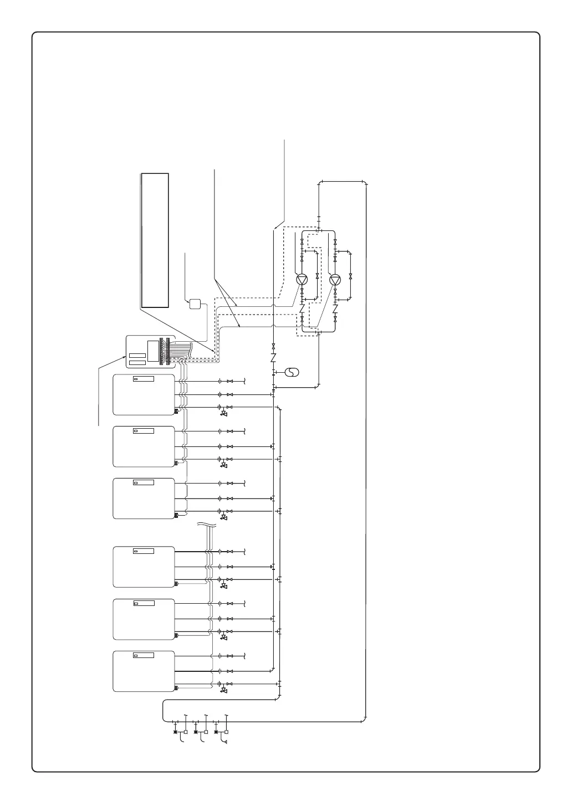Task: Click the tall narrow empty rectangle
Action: [155, 240]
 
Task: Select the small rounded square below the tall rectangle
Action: [195, 304]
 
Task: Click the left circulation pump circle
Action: [302, 280]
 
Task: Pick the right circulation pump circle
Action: [335, 280]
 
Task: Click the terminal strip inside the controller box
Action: [162, 352]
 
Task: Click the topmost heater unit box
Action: [144, 395]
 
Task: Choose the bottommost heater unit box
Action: [144, 671]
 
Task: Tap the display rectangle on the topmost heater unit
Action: [144, 379]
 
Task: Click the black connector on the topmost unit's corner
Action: [176, 410]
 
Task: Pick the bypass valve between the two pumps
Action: [317, 275]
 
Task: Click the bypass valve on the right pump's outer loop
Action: [350, 275]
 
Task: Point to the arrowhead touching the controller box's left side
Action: [125, 358]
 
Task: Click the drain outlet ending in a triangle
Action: [224, 738]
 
